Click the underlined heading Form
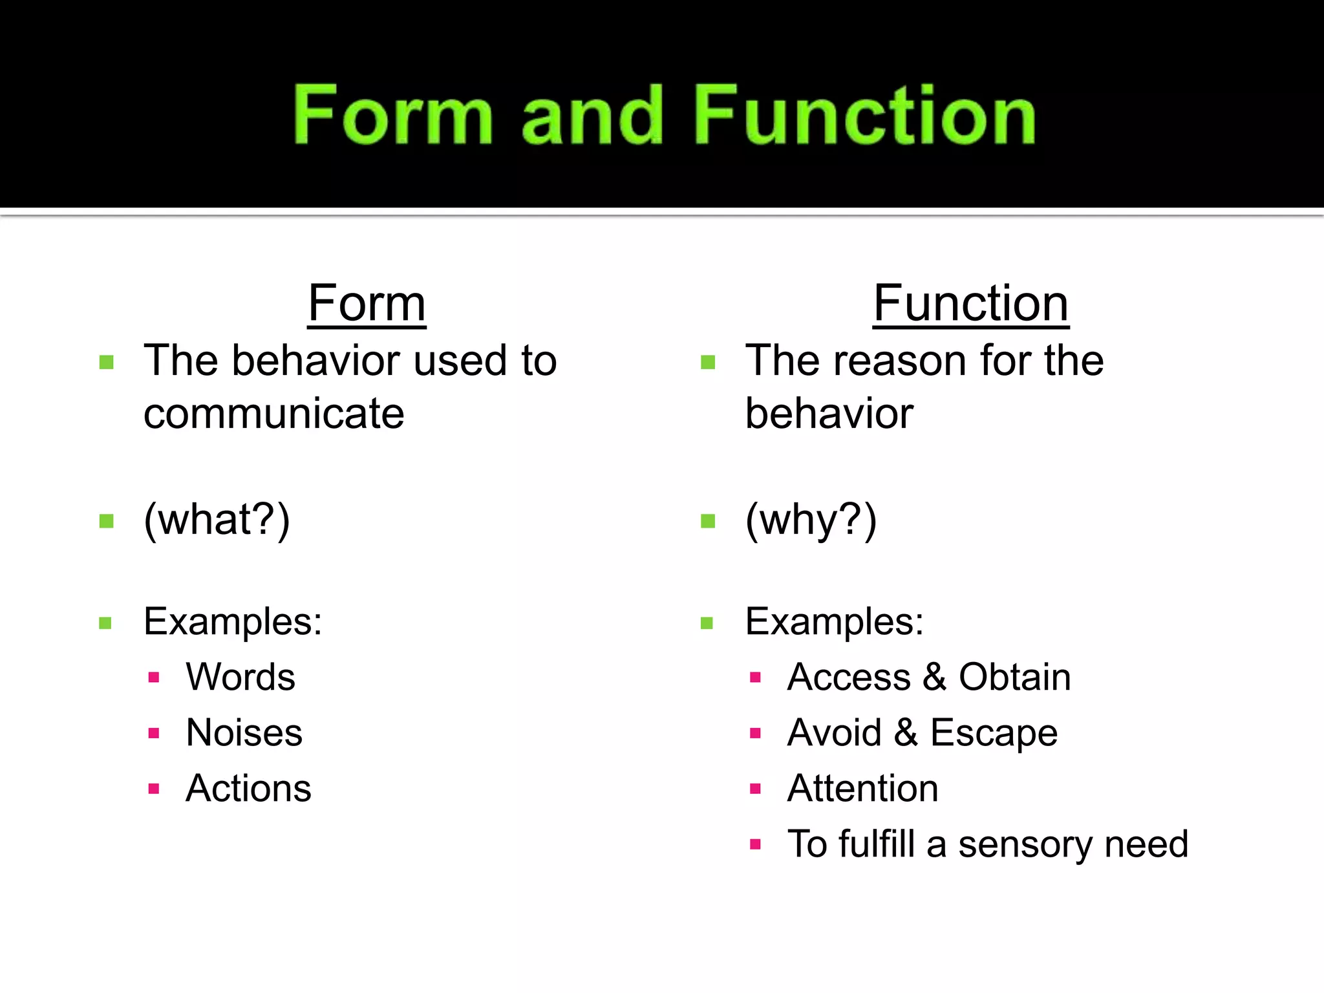click(x=367, y=303)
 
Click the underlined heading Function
click(x=970, y=303)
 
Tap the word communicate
click(x=274, y=414)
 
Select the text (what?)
click(x=217, y=520)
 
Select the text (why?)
click(x=811, y=520)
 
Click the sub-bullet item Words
click(x=240, y=678)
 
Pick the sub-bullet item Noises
click(x=244, y=733)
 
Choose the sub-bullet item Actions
click(x=248, y=789)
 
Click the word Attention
click(x=862, y=789)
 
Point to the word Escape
click(x=994, y=733)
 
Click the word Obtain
click(x=1014, y=678)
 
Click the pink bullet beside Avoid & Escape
click(x=755, y=733)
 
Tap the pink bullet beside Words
click(x=154, y=678)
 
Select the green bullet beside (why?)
click(x=708, y=521)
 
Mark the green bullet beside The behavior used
click(x=107, y=362)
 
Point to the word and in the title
click(x=592, y=116)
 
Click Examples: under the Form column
click(x=233, y=622)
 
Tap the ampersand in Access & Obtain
click(x=934, y=678)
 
